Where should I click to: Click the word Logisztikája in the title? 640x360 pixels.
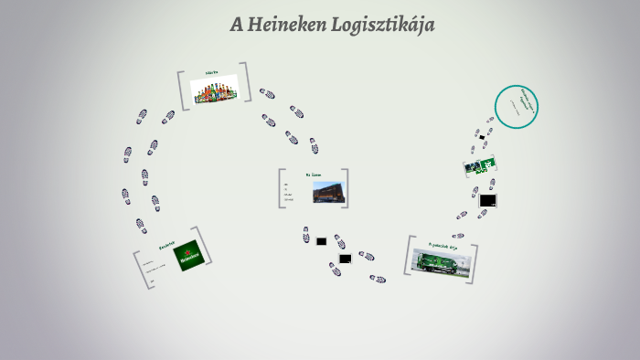point(385,26)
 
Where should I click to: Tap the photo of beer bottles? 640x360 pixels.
point(214,90)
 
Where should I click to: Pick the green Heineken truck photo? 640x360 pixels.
point(442,259)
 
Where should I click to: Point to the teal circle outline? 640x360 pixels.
point(517,108)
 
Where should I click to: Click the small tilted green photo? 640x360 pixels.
point(478,166)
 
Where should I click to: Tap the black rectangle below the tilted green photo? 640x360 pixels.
point(487,200)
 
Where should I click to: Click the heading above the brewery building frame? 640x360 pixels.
point(314,174)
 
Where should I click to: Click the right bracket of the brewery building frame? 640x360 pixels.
point(346,188)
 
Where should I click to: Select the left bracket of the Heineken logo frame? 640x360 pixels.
point(138,271)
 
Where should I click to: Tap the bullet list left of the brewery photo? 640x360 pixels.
point(289,191)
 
